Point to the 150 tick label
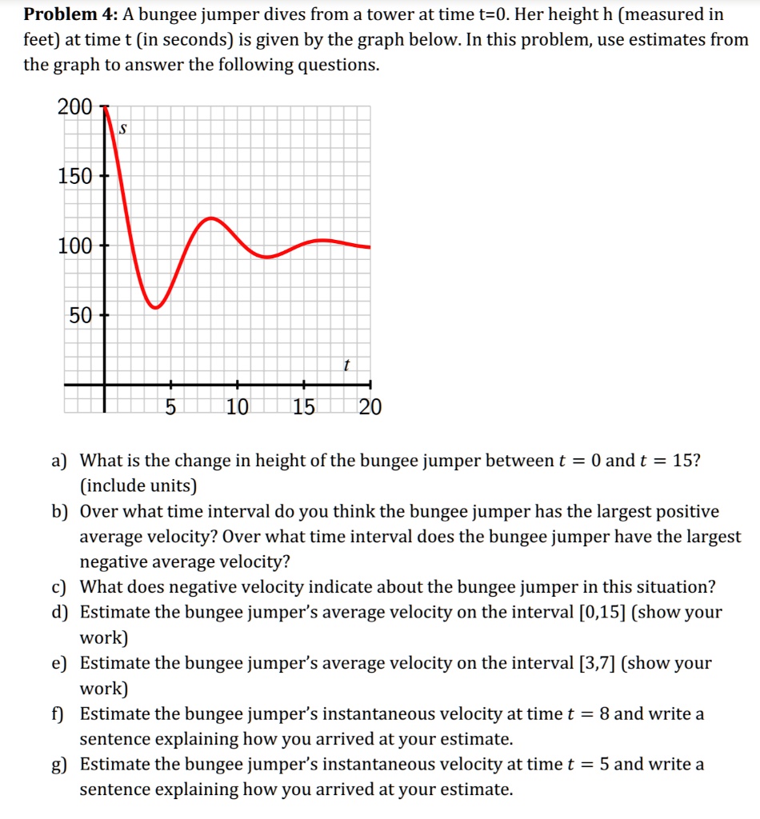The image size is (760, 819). tap(75, 176)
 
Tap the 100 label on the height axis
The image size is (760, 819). tap(75, 246)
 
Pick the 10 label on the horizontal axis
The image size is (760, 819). tap(237, 408)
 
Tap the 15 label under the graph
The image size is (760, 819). tap(304, 408)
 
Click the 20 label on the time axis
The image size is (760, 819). tap(370, 408)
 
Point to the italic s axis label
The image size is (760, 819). tap(123, 128)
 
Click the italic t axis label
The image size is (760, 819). tap(346, 366)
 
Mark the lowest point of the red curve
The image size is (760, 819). tap(157, 307)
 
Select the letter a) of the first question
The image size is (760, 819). tap(58, 461)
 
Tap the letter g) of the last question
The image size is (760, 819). tap(58, 765)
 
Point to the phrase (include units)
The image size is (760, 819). tap(138, 485)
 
